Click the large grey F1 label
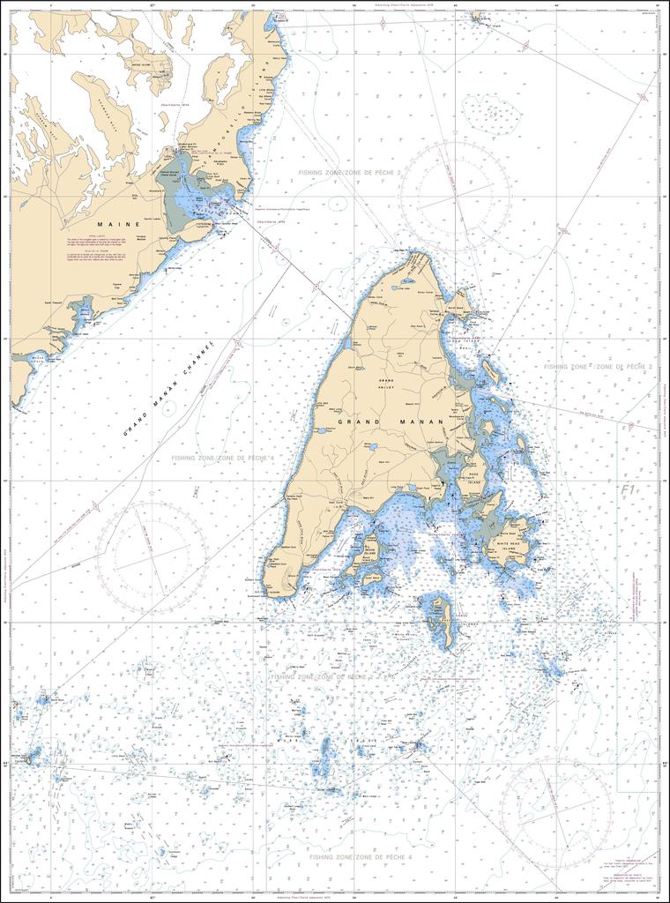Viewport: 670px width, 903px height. point(627,489)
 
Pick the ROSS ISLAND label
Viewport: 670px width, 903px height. point(473,483)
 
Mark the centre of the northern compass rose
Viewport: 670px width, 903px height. point(454,196)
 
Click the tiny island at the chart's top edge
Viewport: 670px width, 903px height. point(477,15)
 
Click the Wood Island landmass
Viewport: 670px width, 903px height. point(368,549)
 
